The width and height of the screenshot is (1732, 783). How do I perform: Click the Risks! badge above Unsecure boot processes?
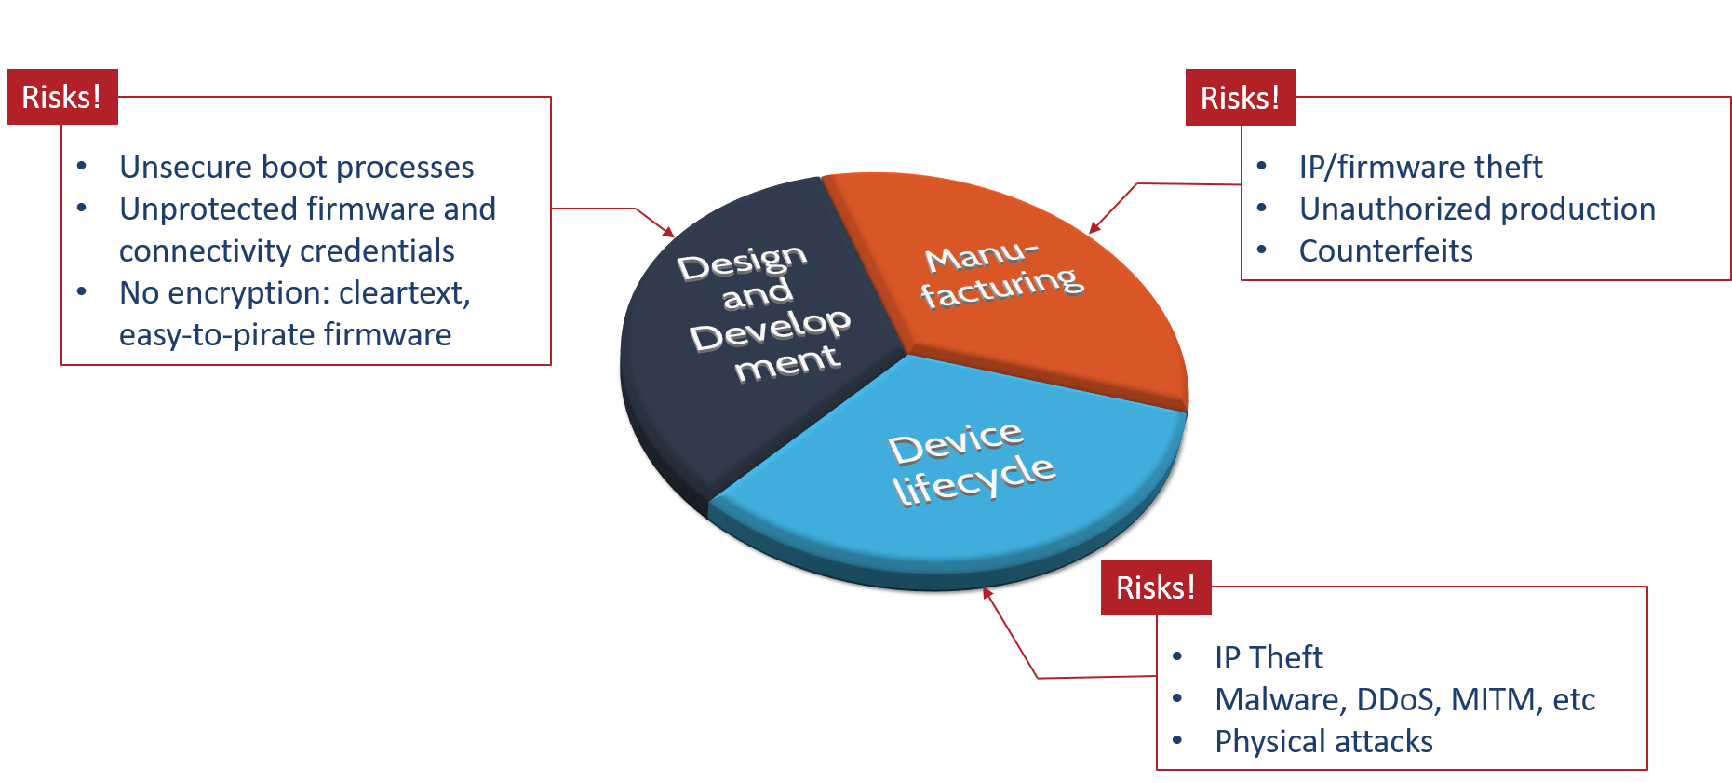(62, 97)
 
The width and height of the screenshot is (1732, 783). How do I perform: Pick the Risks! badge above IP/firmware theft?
(1240, 98)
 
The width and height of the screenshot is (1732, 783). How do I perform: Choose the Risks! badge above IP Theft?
(1156, 587)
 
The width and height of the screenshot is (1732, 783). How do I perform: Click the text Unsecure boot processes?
(296, 168)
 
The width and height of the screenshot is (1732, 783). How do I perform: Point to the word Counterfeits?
(1385, 251)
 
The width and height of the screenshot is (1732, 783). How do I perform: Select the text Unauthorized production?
(1477, 209)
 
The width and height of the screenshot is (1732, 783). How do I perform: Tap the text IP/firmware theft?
(1420, 168)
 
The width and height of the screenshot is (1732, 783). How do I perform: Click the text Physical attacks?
(1323, 742)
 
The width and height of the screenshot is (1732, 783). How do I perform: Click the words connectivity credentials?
(287, 251)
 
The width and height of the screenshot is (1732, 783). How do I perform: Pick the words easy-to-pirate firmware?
(285, 335)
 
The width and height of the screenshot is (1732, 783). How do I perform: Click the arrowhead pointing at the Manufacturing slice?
(1094, 227)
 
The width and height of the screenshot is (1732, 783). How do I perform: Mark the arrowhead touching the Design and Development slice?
(668, 232)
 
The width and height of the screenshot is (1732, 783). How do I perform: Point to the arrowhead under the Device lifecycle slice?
(987, 593)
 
